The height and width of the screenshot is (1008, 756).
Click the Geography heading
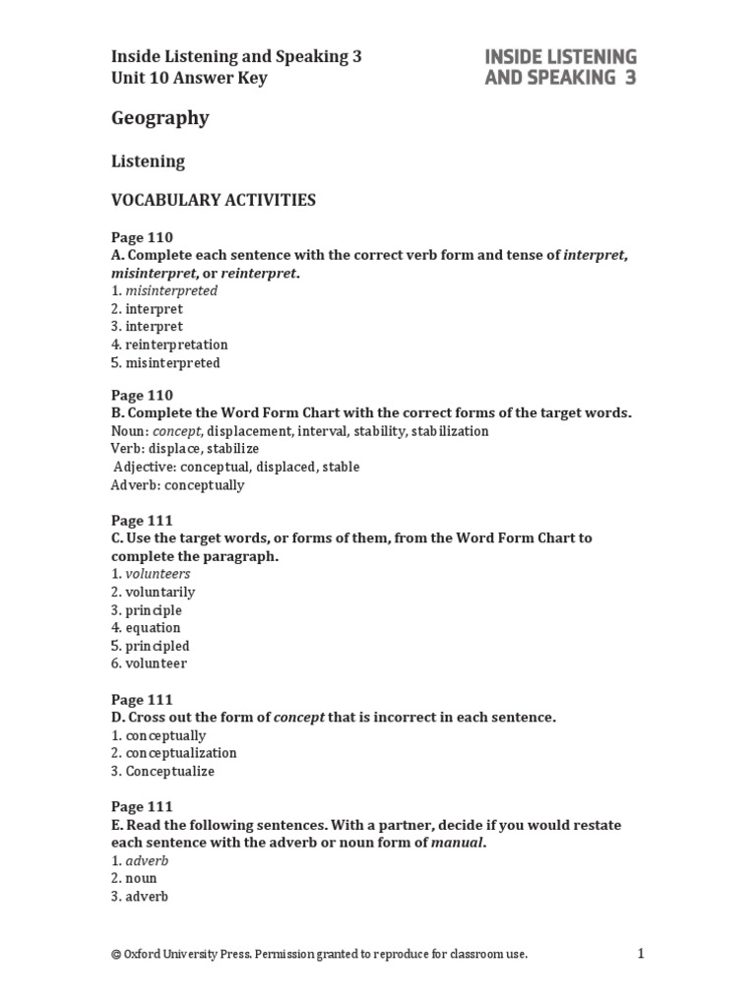(x=159, y=118)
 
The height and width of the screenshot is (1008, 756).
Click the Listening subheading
(x=148, y=160)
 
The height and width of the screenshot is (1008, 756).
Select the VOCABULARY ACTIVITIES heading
(x=214, y=200)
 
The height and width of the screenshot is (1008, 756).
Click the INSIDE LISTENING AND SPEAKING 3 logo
(x=560, y=67)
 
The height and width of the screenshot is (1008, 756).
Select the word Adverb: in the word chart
(x=136, y=485)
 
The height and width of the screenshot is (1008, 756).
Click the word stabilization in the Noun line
(x=450, y=431)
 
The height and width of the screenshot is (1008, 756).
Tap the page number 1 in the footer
(x=640, y=953)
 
